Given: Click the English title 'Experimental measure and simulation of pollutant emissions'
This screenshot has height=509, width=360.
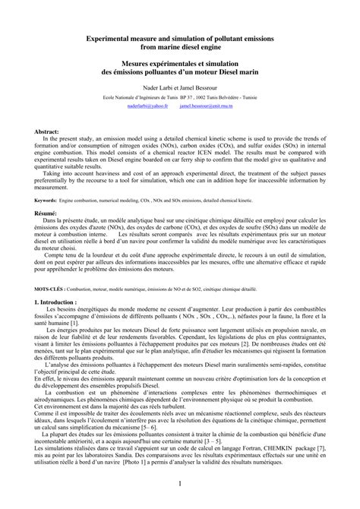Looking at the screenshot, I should tap(180, 37).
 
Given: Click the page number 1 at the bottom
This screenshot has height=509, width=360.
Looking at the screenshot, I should tap(180, 483).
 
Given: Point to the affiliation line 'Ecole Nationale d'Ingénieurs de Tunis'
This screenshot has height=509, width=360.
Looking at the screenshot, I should tap(129, 99).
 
